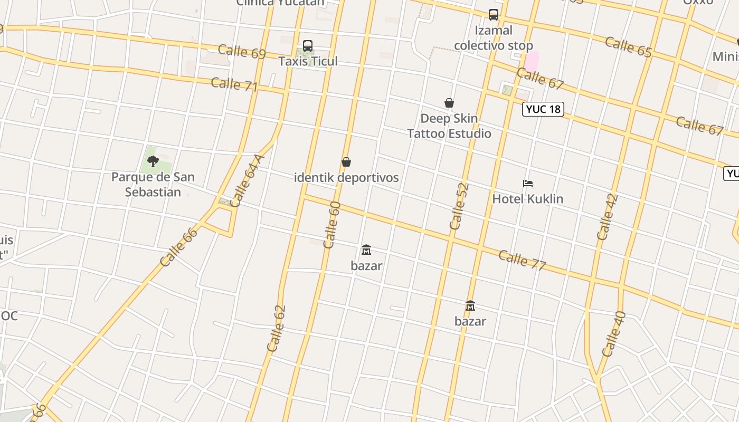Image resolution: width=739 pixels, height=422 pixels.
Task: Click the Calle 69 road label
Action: click(242, 51)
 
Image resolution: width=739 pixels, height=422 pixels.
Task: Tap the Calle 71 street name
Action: click(234, 84)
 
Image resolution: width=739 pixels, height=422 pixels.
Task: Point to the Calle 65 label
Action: click(628, 46)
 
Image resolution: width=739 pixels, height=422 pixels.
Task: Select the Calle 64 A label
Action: click(247, 180)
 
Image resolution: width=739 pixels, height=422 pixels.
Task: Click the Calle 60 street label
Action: click(332, 225)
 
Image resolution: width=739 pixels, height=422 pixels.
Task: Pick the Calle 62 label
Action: click(276, 328)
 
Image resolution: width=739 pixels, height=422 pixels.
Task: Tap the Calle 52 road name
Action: click(459, 206)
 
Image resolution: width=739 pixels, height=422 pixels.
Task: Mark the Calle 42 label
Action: click(607, 217)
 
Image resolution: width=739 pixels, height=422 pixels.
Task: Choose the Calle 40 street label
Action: click(613, 334)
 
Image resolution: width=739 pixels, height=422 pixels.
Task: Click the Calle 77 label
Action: click(522, 260)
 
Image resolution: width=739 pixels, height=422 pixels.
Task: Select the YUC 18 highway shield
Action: click(543, 109)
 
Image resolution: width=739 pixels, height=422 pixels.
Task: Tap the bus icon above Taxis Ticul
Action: click(308, 46)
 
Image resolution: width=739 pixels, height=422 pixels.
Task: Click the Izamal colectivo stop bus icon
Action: click(494, 15)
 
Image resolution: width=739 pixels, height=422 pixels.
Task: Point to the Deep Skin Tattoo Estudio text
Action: click(449, 126)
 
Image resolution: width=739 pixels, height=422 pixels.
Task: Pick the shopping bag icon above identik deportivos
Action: click(346, 162)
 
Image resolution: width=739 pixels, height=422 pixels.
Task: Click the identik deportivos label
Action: click(346, 177)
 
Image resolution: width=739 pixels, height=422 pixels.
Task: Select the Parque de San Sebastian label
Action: click(153, 184)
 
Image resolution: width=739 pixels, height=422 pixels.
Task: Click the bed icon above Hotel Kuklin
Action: click(528, 184)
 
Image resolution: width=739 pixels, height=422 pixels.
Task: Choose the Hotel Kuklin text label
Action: click(528, 199)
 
